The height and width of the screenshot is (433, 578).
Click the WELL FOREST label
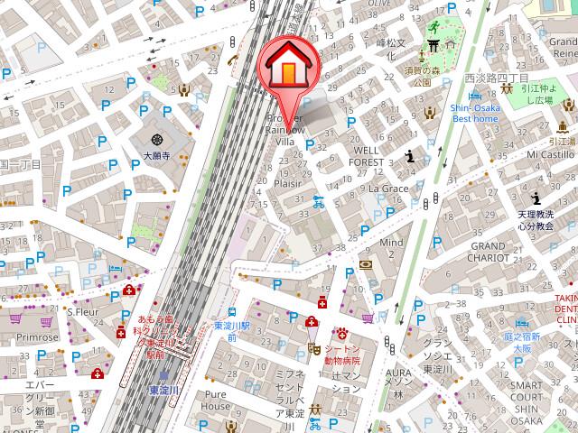(x=371, y=154)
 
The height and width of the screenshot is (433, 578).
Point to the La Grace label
(x=388, y=189)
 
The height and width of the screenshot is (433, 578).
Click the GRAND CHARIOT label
(x=487, y=251)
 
